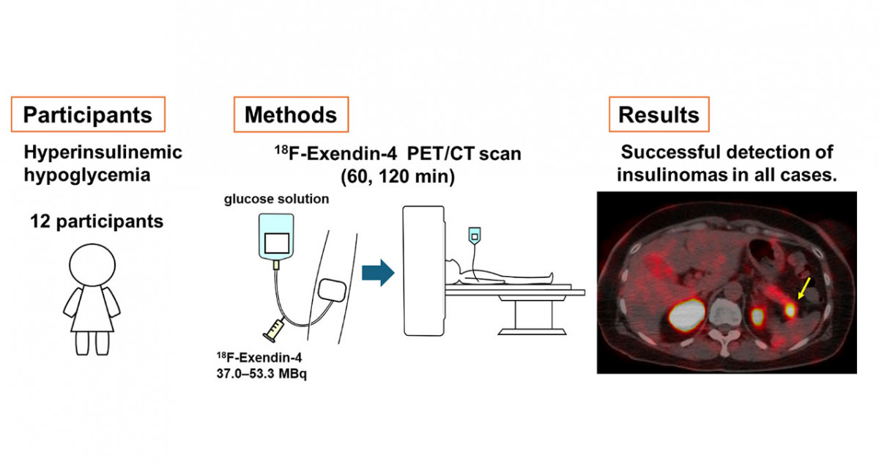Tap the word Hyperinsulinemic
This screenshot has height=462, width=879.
103,153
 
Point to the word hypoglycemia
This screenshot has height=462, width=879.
87,175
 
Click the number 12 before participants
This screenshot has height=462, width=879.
40,221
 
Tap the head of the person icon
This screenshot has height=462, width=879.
92,265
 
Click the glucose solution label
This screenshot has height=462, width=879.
276,199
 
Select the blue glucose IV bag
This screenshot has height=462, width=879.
276,236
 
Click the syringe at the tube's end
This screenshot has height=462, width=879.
274,330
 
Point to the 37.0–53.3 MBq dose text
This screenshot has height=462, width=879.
262,373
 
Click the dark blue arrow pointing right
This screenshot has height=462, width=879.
378,273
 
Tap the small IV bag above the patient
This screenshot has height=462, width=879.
475,235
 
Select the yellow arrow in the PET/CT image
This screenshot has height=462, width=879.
804,288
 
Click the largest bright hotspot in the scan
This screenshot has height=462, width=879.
686,315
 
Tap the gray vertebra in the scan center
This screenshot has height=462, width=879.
725,315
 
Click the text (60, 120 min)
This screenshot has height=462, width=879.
398,177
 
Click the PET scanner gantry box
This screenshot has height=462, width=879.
423,271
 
